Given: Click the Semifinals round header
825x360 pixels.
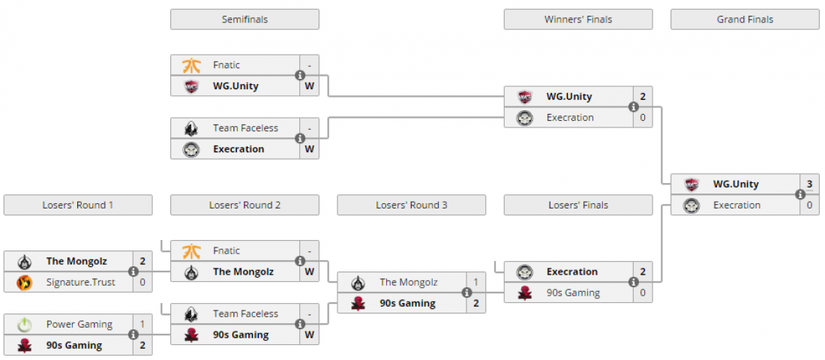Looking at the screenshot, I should pos(244,19).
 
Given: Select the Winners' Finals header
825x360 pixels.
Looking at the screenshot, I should pos(577,19).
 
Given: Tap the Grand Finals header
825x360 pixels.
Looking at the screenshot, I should pos(745,19).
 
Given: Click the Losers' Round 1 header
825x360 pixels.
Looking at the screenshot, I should pos(78,205).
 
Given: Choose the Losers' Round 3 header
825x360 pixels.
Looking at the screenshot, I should pos(411,205).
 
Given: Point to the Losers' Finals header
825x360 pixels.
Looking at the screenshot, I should pos(577,205).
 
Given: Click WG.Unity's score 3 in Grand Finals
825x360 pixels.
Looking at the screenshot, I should pos(809,184).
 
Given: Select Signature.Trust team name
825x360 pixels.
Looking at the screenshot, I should pos(80,282).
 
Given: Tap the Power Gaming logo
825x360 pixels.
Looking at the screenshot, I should pos(25,325).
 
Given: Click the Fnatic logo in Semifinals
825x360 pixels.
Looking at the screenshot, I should pos(191,65).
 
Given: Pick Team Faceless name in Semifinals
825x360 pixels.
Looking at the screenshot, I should pos(245,128).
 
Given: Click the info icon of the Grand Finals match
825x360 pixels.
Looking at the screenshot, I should pos(800,194).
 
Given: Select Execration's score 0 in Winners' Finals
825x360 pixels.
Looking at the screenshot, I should pos(643,118).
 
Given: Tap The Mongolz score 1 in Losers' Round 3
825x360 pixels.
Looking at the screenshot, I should pos(475,282).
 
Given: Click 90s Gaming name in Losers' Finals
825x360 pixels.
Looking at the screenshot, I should pos(573,292).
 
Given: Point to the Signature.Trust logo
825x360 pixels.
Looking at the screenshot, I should pos(25,283).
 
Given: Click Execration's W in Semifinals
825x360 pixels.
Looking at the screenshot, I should pos(309,149).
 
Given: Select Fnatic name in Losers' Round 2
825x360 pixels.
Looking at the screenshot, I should pos(226,250).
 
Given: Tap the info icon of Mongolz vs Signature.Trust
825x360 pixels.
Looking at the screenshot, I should pos(133,271).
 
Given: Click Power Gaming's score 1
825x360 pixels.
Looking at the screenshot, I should pos(142,325).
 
